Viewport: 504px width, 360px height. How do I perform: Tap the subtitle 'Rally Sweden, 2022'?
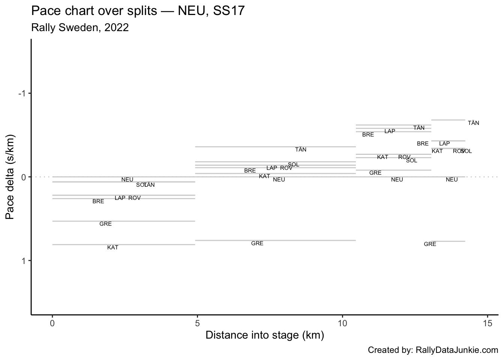pos(80,27)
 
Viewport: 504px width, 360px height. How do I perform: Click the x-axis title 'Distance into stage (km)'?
pos(265,335)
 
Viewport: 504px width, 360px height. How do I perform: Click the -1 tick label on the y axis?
pos(22,93)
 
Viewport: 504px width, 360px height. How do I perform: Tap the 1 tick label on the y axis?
pos(24,261)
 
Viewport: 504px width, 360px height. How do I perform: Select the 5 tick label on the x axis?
pos(198,323)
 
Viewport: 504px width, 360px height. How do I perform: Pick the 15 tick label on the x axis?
pos(487,323)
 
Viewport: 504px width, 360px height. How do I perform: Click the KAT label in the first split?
pos(112,247)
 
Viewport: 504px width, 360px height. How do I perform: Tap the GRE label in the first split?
pos(105,224)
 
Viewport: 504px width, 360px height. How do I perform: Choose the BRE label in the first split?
pos(98,201)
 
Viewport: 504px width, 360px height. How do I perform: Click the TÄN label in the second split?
pos(301,150)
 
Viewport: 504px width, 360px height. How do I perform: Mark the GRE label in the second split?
pos(257,243)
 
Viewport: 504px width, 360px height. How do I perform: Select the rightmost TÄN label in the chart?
pos(473,123)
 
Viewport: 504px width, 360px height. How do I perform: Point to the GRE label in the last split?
pos(430,244)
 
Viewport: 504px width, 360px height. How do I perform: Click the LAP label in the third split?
pos(390,131)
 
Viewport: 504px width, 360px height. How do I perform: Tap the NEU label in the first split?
pos(127,180)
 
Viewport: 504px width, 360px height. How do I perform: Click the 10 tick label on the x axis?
pos(342,323)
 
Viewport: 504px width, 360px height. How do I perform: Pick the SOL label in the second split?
pos(293,165)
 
